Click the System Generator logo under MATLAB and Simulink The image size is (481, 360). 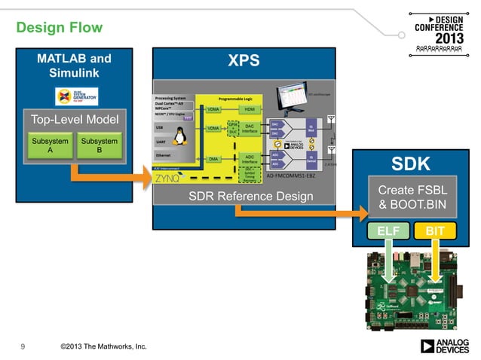(x=73, y=96)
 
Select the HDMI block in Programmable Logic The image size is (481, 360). (x=250, y=109)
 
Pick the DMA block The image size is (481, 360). (x=213, y=159)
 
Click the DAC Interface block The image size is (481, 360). (x=250, y=130)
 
